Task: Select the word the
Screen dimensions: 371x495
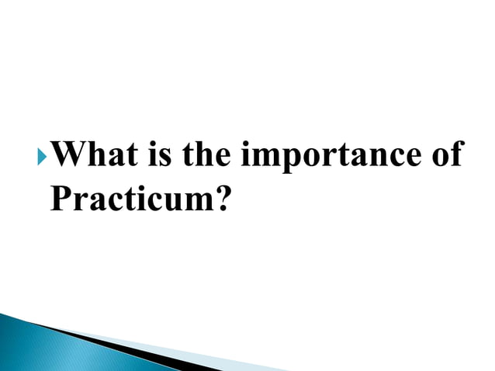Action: point(205,155)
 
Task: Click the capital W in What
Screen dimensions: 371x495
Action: point(72,155)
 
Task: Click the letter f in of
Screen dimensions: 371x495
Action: point(455,154)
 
